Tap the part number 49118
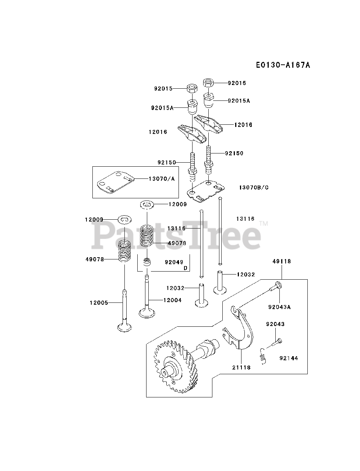pyautogui.click(x=282, y=261)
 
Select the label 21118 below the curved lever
pyautogui.click(x=241, y=367)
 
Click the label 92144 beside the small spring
pyautogui.click(x=289, y=358)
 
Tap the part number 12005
pyautogui.click(x=99, y=302)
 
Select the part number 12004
pyautogui.click(x=172, y=300)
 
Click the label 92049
pyautogui.click(x=174, y=262)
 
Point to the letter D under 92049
pyautogui.click(x=186, y=268)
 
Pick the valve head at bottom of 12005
pyautogui.click(x=125, y=327)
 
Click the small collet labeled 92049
pyautogui.click(x=147, y=262)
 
